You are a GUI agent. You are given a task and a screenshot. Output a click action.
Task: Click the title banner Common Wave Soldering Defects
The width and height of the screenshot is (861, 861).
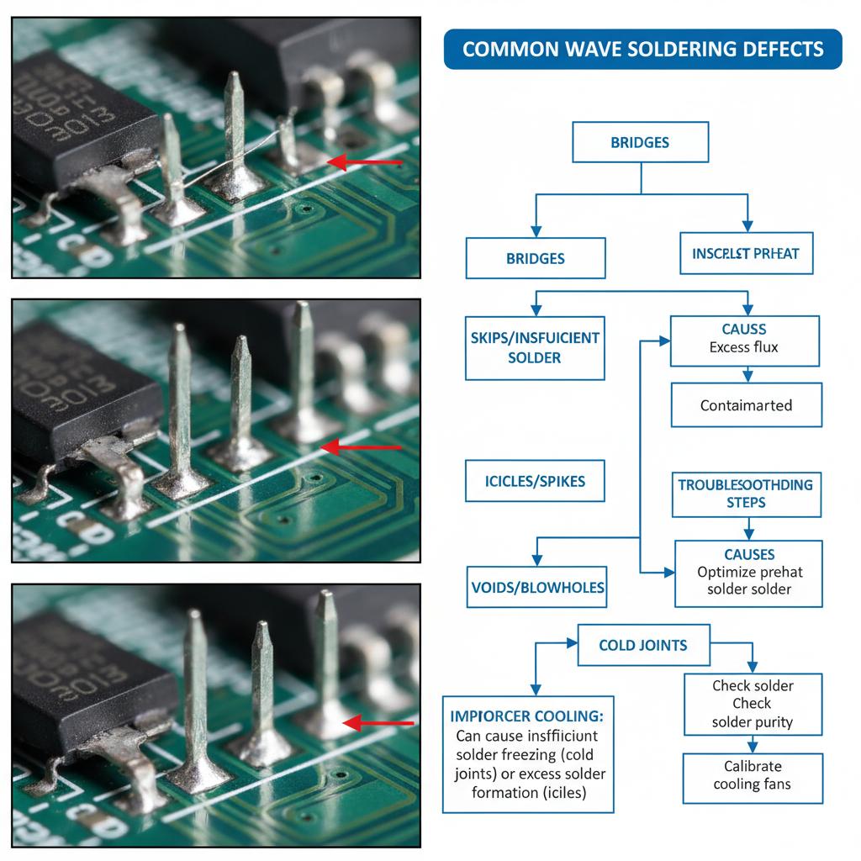click(642, 49)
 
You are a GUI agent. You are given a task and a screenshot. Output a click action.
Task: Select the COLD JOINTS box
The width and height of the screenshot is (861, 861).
click(643, 645)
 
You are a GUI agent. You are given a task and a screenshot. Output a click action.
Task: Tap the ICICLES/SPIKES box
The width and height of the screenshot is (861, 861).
click(535, 482)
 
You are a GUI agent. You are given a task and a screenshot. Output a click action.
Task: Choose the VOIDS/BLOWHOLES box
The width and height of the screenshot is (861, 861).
click(536, 587)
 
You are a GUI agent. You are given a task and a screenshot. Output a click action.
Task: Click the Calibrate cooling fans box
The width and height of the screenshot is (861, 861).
click(752, 775)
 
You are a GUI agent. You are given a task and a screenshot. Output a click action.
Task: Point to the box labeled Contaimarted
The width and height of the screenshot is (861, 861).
click(746, 405)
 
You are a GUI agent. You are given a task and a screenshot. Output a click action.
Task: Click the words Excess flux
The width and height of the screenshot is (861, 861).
click(744, 347)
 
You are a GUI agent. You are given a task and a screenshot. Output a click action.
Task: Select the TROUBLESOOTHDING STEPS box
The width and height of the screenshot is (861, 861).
click(745, 494)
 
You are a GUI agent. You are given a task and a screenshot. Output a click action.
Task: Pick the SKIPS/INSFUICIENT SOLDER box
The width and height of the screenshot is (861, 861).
click(535, 347)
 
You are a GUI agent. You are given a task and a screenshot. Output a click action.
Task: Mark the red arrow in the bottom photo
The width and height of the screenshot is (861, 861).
click(379, 722)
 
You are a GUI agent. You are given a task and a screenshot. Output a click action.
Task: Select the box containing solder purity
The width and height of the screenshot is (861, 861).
click(752, 704)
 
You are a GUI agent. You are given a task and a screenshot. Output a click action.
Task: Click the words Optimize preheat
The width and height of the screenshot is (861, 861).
click(749, 572)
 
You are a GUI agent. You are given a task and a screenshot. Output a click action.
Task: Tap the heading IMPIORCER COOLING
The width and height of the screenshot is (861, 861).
click(527, 716)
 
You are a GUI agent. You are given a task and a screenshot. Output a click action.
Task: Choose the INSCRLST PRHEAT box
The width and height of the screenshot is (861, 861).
click(746, 253)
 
